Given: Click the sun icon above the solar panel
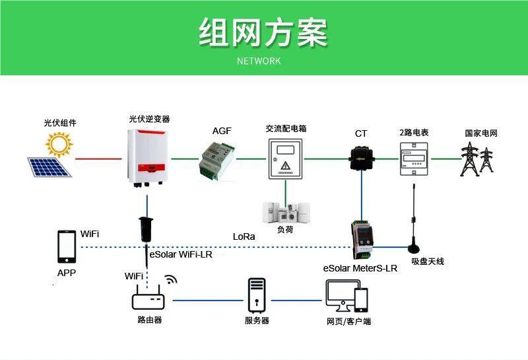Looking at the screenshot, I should (x=59, y=143).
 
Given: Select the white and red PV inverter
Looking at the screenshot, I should (x=146, y=157).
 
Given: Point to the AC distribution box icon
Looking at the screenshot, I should (x=286, y=160).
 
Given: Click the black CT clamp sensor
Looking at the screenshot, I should (x=361, y=158).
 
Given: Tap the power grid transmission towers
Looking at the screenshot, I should (x=477, y=159).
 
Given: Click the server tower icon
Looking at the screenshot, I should (x=256, y=295).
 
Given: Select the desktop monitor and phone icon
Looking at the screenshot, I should (x=347, y=296).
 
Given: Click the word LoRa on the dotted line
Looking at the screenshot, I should (x=244, y=236).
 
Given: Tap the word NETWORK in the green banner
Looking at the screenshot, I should (x=259, y=61).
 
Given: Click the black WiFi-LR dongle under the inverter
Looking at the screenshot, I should (x=145, y=229).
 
